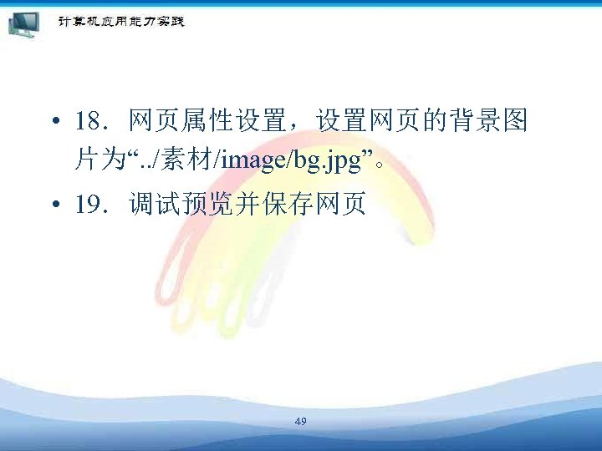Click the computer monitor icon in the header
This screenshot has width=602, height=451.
(24, 24)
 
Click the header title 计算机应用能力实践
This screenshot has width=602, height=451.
(120, 21)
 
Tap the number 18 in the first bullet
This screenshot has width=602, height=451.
(87, 124)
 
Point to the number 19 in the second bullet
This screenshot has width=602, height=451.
(87, 205)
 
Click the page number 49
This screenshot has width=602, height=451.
(301, 422)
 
